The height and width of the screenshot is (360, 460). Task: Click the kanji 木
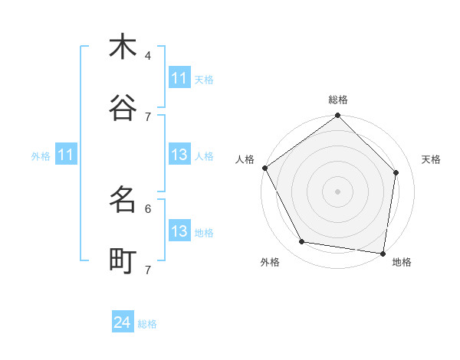[123, 47]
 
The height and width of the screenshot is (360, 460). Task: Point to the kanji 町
[123, 261]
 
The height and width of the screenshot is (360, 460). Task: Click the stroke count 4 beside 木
[148, 55]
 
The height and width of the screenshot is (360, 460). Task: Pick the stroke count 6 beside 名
[148, 208]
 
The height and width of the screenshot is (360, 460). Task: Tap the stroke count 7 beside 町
[148, 270]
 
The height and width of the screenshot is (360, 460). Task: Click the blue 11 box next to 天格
[179, 78]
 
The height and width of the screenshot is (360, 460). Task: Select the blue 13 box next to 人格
[179, 155]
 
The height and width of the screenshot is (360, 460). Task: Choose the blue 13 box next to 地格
[179, 231]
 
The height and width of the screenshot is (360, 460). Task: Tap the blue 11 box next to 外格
[66, 155]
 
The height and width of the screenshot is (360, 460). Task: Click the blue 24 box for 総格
[123, 322]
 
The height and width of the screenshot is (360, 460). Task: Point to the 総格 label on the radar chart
[338, 100]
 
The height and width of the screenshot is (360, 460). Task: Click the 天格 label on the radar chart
[432, 159]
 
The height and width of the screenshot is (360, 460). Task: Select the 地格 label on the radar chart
[402, 262]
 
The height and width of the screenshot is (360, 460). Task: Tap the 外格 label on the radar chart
[270, 262]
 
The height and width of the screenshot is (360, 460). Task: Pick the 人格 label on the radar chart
[245, 159]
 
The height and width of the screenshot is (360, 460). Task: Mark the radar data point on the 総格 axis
[338, 116]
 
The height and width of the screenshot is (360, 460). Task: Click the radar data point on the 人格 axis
[264, 168]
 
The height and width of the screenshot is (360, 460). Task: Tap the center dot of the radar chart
[338, 191]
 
